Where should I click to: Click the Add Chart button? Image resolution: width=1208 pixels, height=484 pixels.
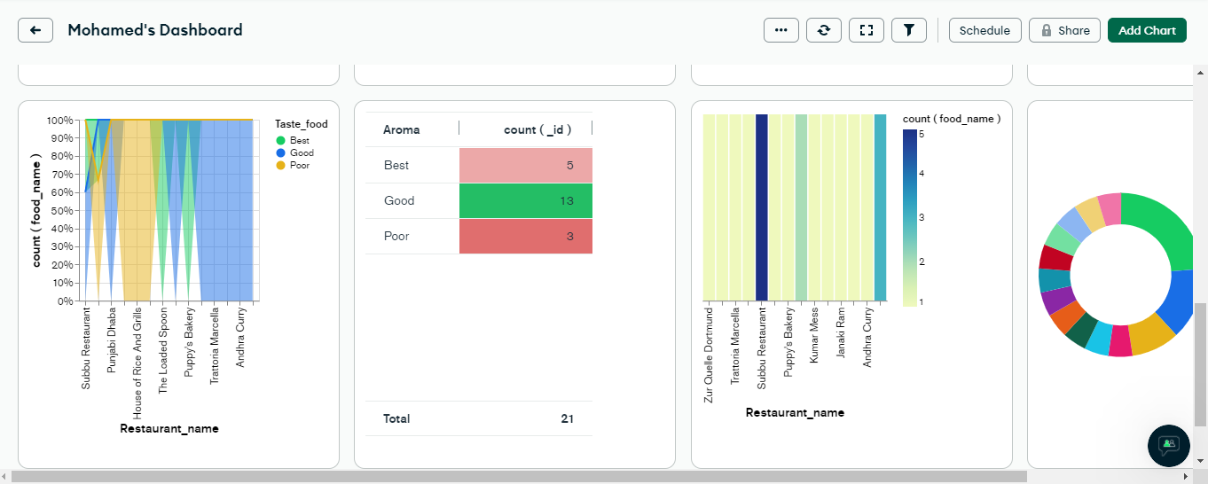pyautogui.click(x=1146, y=30)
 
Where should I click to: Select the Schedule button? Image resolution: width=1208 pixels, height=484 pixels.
pyautogui.click(x=984, y=30)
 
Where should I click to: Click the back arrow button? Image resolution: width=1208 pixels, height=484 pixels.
pyautogui.click(x=35, y=30)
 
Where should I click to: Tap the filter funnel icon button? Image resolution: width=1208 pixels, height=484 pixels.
pyautogui.click(x=908, y=30)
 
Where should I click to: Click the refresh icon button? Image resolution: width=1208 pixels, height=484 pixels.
pyautogui.click(x=823, y=30)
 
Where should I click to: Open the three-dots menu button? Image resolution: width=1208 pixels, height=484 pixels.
pyautogui.click(x=780, y=30)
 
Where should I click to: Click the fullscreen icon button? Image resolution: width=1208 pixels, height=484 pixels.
pyautogui.click(x=866, y=30)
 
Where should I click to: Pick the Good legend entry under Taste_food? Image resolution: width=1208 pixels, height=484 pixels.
pyautogui.click(x=301, y=152)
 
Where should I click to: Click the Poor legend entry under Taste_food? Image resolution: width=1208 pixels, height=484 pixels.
pyautogui.click(x=299, y=165)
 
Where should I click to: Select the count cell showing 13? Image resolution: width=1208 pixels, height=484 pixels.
pyautogui.click(x=525, y=200)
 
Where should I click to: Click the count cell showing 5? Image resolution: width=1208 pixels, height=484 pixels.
pyautogui.click(x=525, y=165)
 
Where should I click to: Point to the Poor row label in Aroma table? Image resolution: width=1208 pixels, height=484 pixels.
pyautogui.click(x=396, y=236)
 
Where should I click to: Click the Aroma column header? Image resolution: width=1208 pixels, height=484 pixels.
pyautogui.click(x=402, y=129)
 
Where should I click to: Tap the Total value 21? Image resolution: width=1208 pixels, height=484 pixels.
pyautogui.click(x=567, y=418)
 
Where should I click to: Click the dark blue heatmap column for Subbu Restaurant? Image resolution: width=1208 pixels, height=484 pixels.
pyautogui.click(x=761, y=207)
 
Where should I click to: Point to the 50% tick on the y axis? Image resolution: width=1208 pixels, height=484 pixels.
pyautogui.click(x=61, y=211)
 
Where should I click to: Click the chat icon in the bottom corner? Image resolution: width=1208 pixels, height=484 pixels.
pyautogui.click(x=1168, y=445)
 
